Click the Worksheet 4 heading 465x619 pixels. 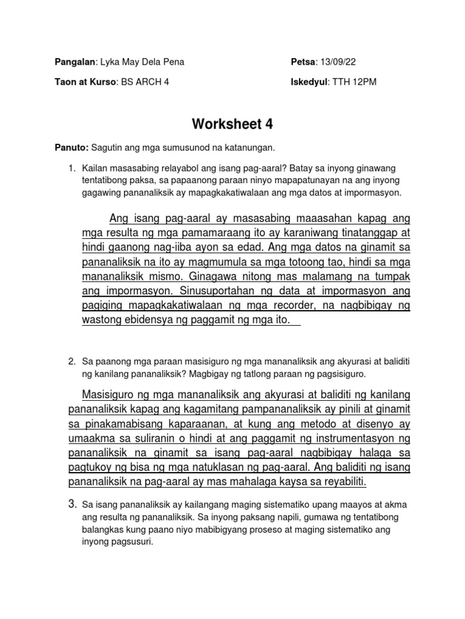pos(233,125)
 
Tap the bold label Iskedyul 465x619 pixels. pos(308,82)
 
